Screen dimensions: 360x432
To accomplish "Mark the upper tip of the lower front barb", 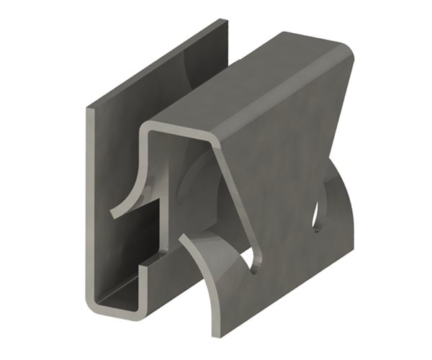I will click(181, 238).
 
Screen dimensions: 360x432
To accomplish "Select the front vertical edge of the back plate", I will click(89, 209).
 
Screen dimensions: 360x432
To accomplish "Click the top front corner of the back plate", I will click(89, 110).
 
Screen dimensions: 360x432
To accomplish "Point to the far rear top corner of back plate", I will click(226, 22).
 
